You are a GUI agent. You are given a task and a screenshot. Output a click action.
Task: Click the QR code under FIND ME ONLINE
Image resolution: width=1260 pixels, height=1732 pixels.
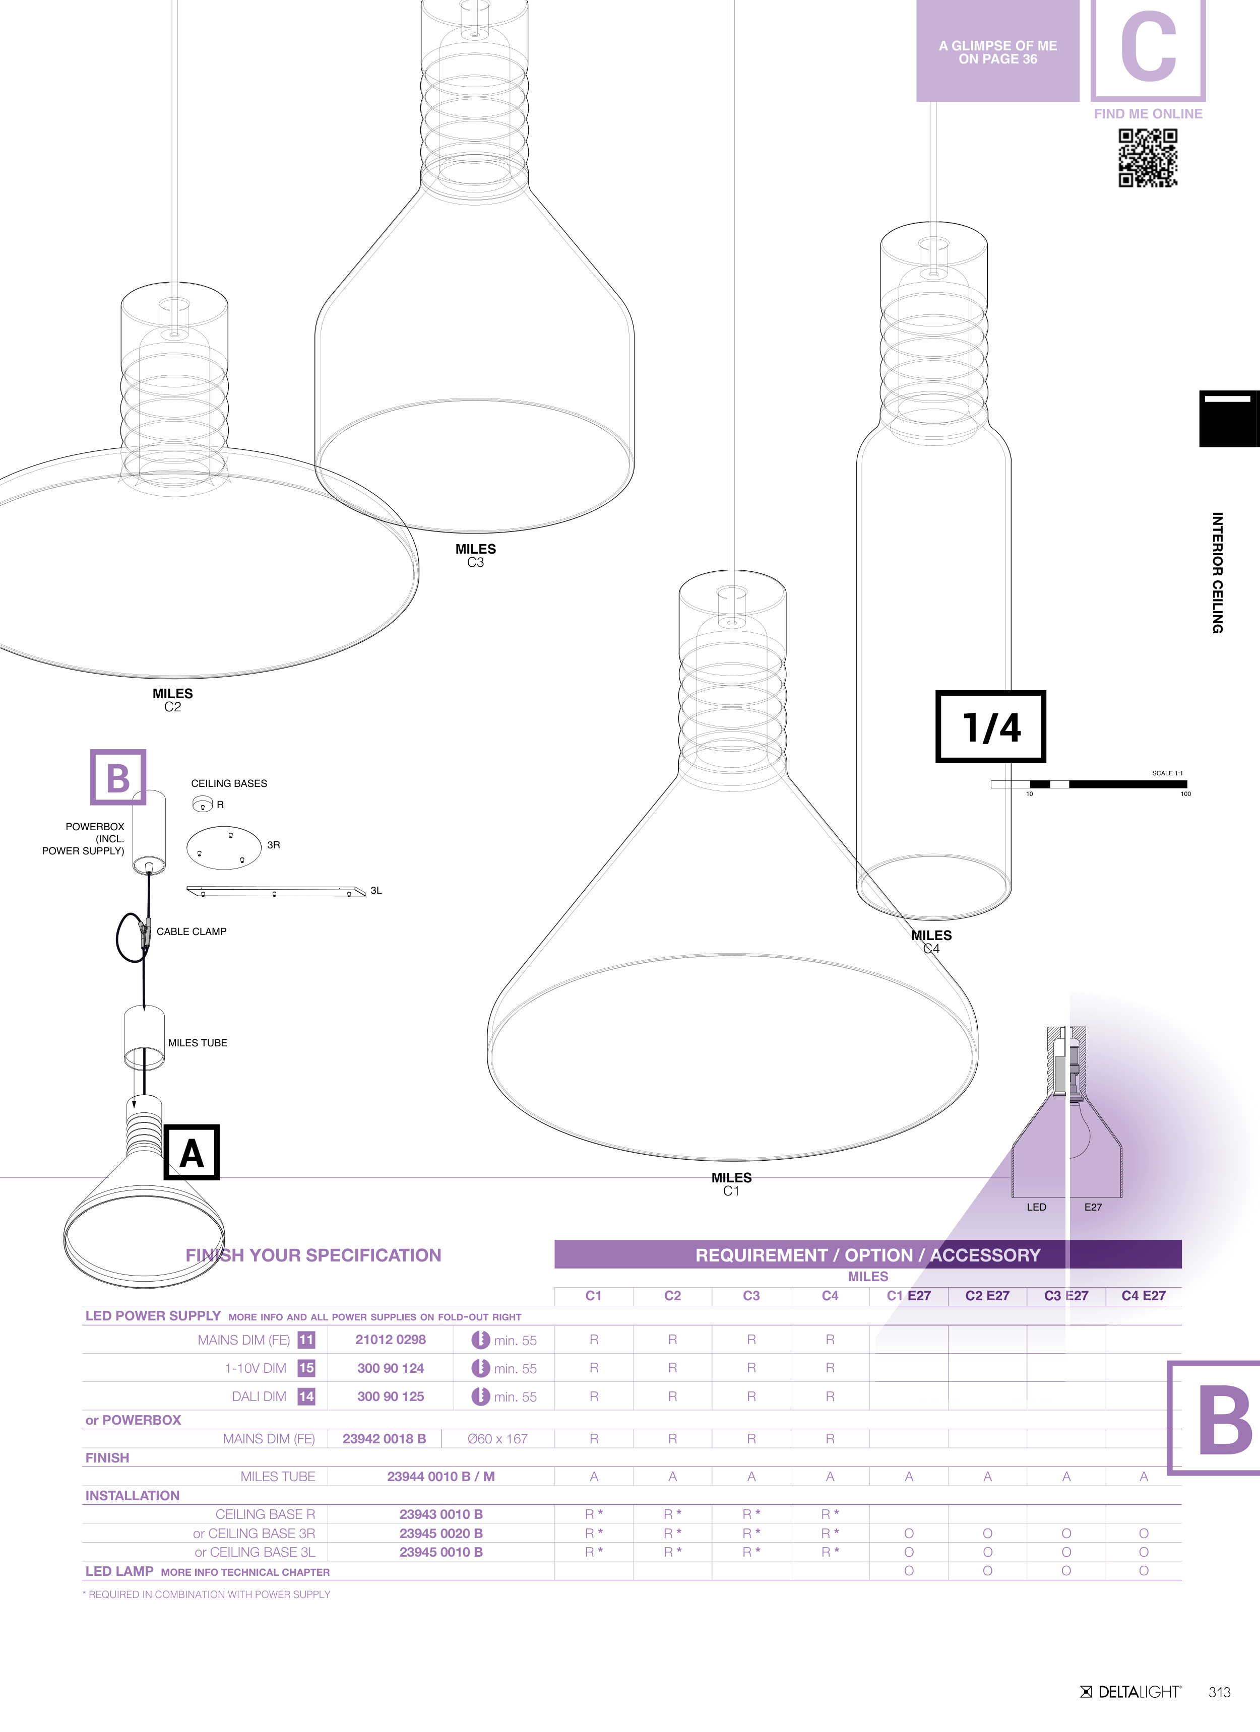point(1148,157)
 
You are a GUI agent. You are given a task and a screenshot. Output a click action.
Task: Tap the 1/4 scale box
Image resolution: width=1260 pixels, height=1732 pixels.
point(990,726)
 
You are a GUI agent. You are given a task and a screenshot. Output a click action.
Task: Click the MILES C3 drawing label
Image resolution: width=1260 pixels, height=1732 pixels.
point(475,555)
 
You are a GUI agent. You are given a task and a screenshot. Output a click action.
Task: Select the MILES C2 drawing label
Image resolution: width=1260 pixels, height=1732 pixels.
point(173,700)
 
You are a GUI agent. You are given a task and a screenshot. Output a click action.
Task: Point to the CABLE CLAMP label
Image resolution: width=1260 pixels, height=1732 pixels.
point(192,931)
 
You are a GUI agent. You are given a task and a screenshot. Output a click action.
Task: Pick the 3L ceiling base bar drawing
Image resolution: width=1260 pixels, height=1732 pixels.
point(276,891)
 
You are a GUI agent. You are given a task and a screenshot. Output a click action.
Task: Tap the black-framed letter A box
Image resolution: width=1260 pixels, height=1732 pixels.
point(192,1152)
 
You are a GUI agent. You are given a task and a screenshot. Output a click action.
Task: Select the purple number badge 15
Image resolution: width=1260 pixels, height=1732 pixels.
point(306,1368)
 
